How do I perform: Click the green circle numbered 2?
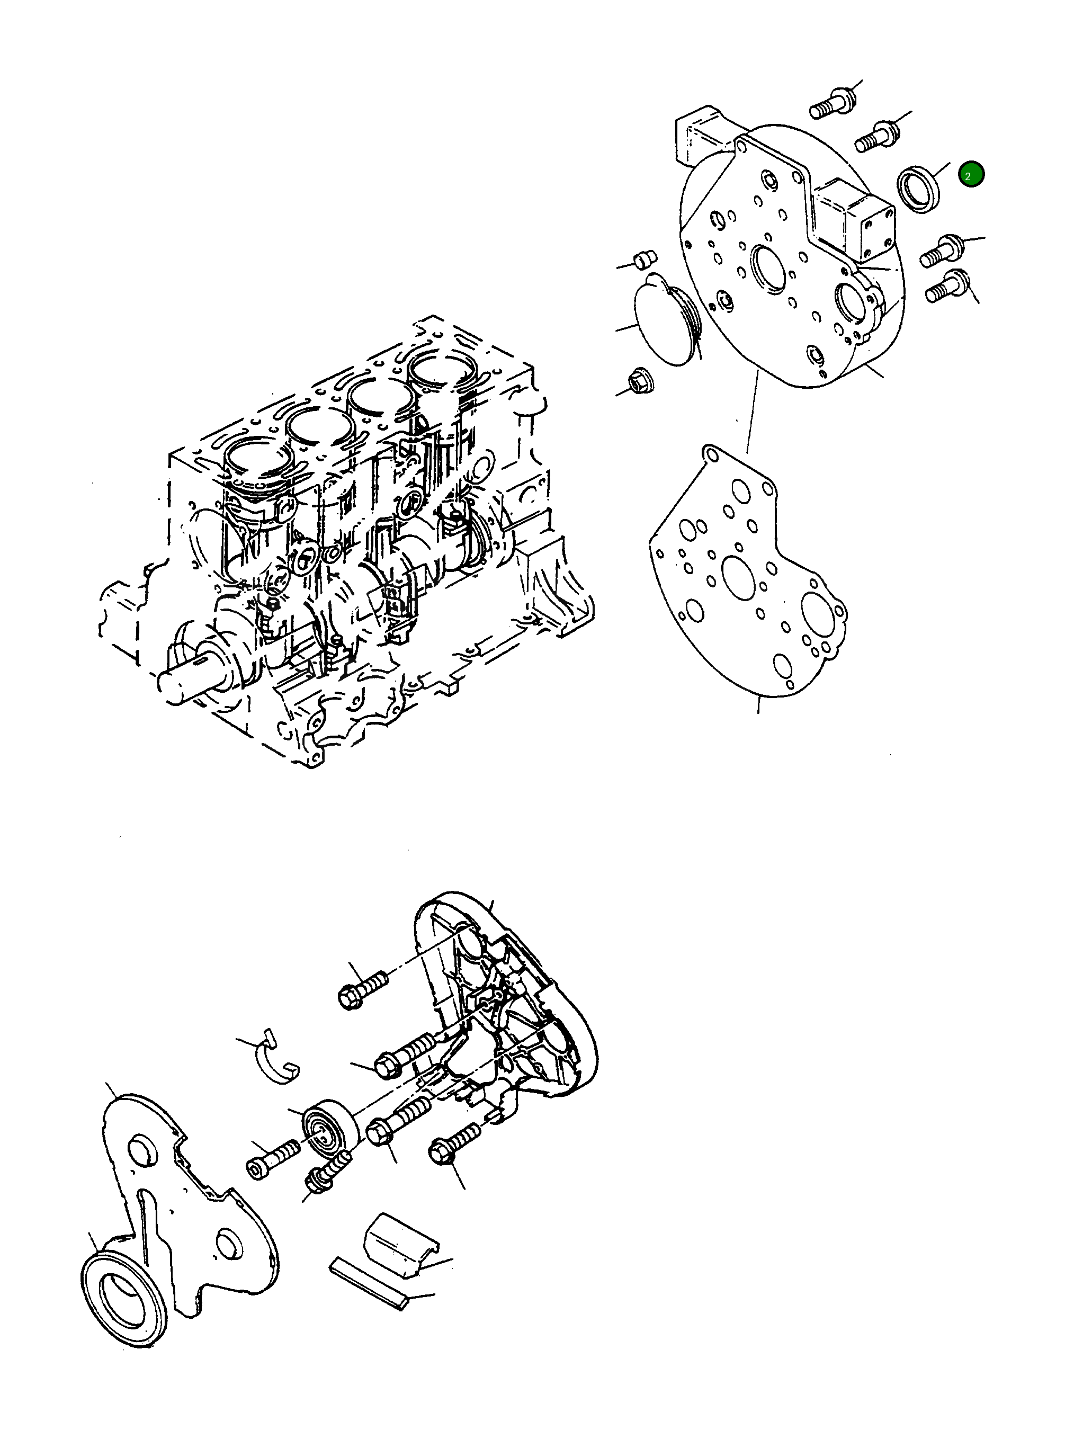point(971,174)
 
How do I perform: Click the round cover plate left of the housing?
point(664,321)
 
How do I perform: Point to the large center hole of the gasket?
point(739,577)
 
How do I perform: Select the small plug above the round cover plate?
point(645,260)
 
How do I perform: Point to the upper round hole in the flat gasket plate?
point(142,1151)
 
